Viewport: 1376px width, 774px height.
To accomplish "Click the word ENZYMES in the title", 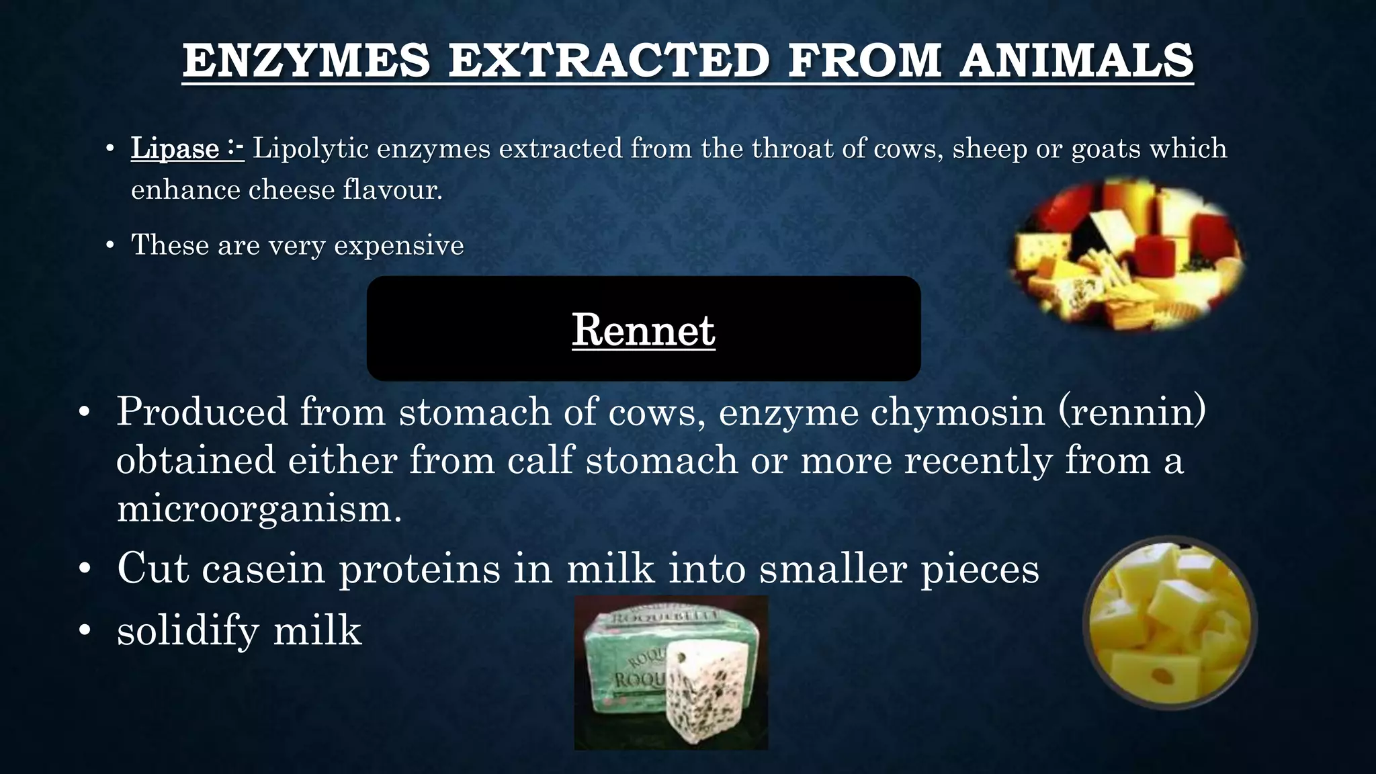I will click(306, 60).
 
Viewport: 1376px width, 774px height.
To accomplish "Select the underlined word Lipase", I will click(175, 148).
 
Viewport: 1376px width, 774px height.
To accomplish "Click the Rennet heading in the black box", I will click(643, 330).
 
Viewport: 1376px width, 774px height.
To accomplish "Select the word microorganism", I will click(259, 509).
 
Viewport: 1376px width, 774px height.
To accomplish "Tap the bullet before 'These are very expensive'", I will click(110, 245).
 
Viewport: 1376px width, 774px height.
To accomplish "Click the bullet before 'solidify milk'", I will click(84, 631).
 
